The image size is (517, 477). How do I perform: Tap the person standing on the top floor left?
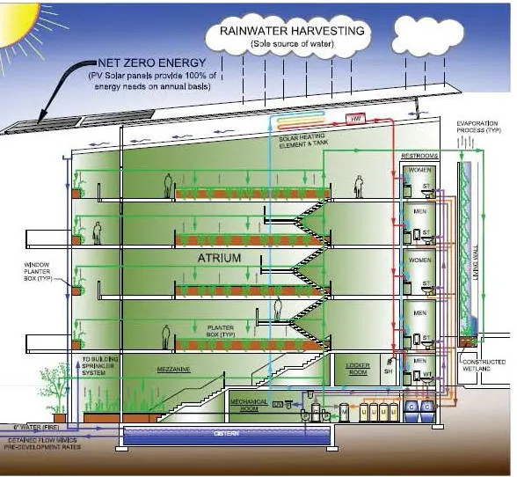[166, 185]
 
